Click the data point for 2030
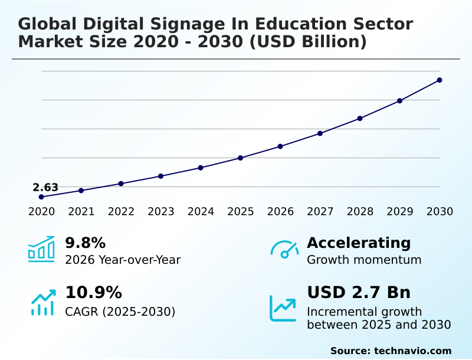click(440, 80)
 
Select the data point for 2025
click(241, 158)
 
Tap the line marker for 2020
click(41, 197)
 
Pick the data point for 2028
click(360, 118)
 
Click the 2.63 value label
click(45, 188)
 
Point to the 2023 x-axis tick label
click(161, 211)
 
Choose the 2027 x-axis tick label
click(320, 211)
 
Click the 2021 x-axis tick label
click(81, 211)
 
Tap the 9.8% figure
click(85, 243)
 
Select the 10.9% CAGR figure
click(93, 293)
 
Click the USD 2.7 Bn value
click(359, 293)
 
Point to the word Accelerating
click(359, 243)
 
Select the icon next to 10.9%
click(42, 302)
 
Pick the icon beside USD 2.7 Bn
click(283, 307)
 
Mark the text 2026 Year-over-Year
click(123, 260)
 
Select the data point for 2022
click(121, 184)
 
